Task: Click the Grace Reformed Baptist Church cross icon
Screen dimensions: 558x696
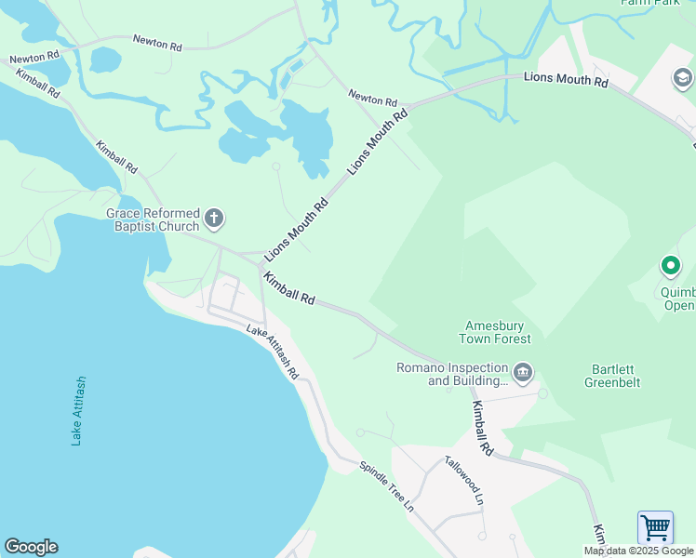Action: [214, 219]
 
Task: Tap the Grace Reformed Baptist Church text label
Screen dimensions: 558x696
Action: [153, 219]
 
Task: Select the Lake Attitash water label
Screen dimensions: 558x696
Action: [78, 411]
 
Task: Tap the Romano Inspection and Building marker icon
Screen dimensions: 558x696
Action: [523, 374]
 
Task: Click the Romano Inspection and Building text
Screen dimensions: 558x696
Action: [453, 374]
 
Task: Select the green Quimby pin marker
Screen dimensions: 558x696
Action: [670, 267]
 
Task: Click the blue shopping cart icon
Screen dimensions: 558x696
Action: [655, 528]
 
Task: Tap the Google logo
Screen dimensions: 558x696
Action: [31, 547]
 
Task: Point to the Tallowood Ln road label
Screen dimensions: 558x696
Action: [464, 480]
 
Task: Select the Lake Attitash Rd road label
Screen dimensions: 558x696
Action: [273, 352]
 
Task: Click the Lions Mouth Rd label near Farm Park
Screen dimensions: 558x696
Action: [565, 81]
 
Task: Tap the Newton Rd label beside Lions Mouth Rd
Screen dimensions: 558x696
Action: [373, 96]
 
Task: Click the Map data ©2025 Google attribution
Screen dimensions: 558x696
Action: [639, 551]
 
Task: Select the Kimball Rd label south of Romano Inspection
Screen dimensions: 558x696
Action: [481, 428]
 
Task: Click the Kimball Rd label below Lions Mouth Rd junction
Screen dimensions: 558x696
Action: [288, 288]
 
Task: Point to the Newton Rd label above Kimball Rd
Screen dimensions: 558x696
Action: [157, 42]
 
